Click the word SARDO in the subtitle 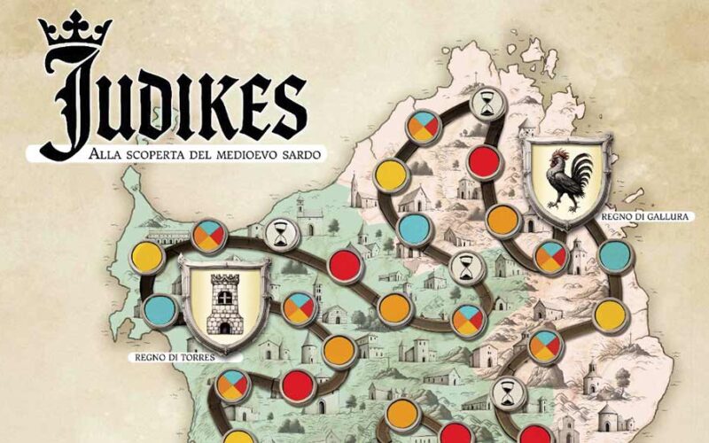coord(303,155)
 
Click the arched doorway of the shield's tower coord(224,325)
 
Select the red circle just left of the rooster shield coord(485,162)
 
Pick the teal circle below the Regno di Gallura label coord(614,256)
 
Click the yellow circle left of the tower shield coord(147,257)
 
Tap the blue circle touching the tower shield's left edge coord(160,309)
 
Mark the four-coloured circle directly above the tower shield coord(209,236)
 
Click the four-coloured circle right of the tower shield coord(300,307)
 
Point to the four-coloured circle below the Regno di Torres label coord(233,385)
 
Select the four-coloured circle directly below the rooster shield coord(550,256)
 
